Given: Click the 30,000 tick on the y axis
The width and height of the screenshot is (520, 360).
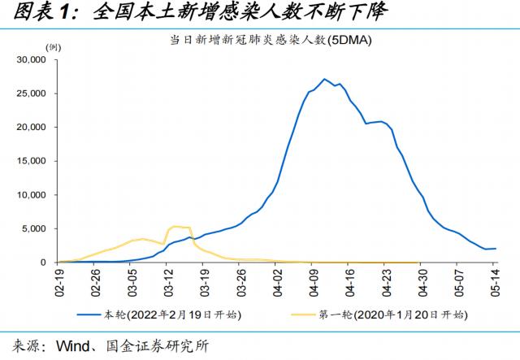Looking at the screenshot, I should (33, 60).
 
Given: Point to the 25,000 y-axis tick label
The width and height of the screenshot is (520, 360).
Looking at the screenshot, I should (33, 93).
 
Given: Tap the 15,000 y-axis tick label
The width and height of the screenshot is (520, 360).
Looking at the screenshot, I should (33, 161).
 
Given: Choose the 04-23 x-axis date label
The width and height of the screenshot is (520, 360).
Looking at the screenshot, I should (384, 280).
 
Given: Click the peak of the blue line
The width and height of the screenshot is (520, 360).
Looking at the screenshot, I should (324, 79).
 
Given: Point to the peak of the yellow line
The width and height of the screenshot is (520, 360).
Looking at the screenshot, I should (175, 226).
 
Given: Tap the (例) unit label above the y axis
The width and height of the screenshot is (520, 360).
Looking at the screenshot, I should (53, 49).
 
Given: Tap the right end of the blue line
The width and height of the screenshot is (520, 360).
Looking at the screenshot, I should (495, 249).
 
